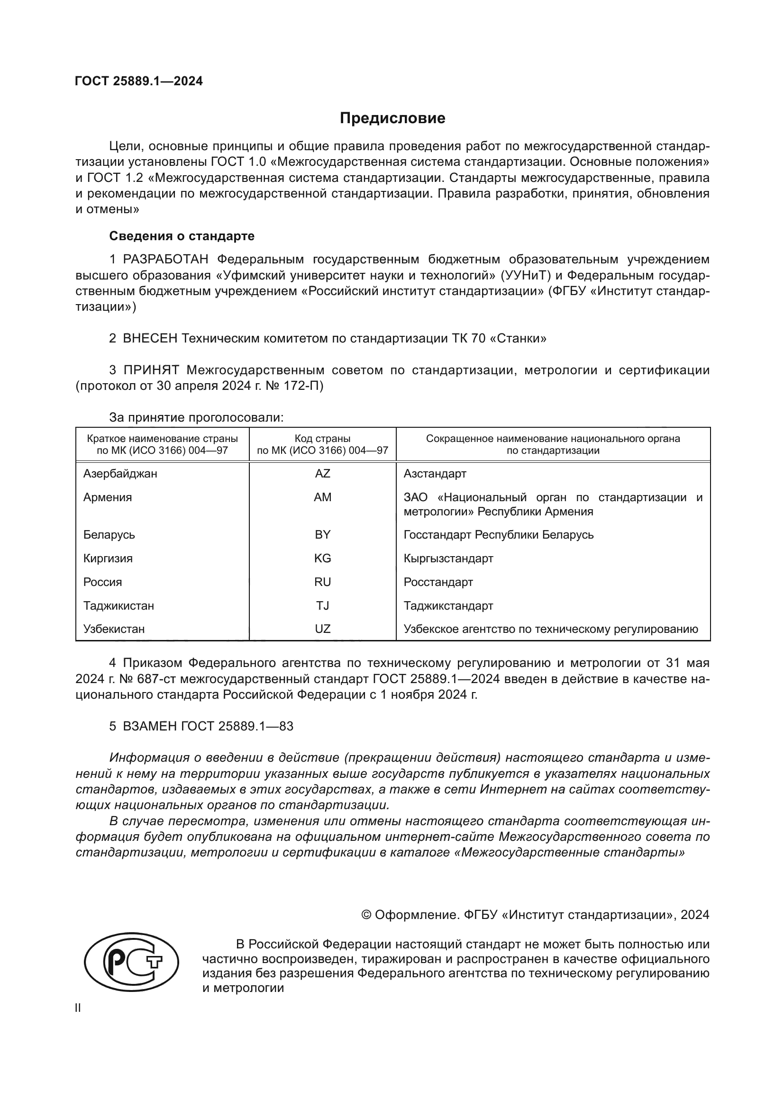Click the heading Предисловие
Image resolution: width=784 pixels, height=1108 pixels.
[392, 118]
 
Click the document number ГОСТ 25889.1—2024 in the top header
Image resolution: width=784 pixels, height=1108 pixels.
[139, 81]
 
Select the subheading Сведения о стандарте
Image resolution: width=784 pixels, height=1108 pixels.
[182, 236]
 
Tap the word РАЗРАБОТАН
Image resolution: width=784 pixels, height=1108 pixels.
[165, 260]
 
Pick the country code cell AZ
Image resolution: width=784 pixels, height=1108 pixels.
[322, 474]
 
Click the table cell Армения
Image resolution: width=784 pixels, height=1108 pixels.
[108, 497]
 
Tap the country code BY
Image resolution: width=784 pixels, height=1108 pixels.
[322, 535]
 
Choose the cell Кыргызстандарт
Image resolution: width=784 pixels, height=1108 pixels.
[448, 559]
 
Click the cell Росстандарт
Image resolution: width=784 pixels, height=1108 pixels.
[438, 582]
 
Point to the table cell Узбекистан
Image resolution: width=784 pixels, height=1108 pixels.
[114, 629]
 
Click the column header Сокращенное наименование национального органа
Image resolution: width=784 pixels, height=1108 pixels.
[553, 439]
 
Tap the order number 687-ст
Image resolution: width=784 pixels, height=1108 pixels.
[156, 679]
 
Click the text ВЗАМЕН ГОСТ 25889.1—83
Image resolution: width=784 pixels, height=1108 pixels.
[208, 726]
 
